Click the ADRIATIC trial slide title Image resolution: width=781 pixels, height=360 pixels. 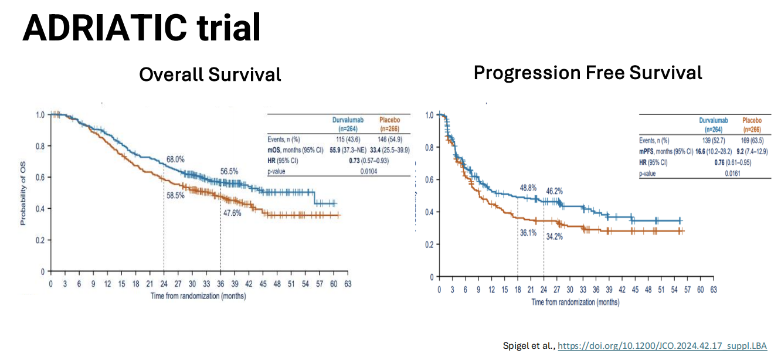coord(141,28)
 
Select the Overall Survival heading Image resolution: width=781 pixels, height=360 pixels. coord(210,74)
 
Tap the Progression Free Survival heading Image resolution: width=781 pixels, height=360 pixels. coord(588,73)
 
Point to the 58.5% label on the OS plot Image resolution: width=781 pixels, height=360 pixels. coord(174,195)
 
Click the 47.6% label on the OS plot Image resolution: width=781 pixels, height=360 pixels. coord(232,213)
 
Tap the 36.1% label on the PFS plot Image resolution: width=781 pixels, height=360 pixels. coord(529,232)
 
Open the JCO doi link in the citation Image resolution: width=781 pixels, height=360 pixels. coord(662,346)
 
